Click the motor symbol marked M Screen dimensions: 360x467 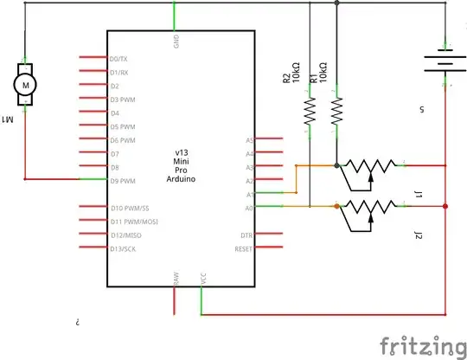24,84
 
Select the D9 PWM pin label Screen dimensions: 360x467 122,181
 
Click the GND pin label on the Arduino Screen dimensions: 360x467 176,41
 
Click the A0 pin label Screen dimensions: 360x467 249,208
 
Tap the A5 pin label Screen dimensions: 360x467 249,139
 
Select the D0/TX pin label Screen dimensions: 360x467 119,58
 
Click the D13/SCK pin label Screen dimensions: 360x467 124,249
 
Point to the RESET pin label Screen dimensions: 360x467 244,249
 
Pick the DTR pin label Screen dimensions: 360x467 246,235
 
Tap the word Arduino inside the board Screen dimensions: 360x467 182,179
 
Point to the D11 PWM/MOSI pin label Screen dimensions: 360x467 128,222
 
